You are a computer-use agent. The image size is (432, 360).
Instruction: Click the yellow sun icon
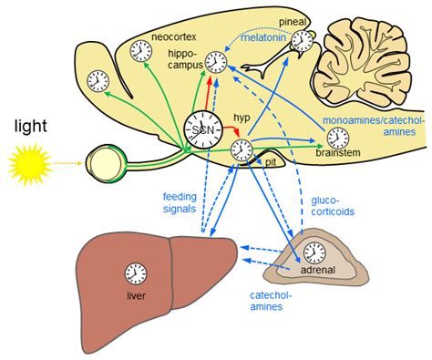(27, 166)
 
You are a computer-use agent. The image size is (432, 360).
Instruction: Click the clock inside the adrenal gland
(314, 251)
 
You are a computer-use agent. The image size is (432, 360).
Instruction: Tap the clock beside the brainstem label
(337, 138)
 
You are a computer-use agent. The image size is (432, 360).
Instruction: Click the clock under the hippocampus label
(216, 62)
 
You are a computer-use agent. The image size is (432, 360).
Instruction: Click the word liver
(137, 295)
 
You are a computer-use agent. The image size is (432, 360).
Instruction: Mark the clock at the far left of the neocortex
(98, 82)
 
